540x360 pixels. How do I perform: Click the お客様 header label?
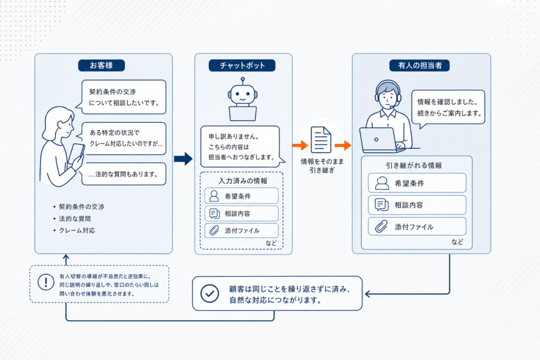click(101, 65)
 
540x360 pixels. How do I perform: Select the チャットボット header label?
click(242, 65)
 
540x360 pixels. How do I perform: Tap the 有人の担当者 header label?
click(419, 65)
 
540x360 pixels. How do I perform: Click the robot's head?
click(243, 93)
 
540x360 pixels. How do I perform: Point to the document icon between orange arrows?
click(321, 140)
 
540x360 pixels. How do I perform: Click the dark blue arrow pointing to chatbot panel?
click(183, 159)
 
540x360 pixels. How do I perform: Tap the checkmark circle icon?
click(210, 294)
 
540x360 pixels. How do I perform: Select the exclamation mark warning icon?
click(46, 282)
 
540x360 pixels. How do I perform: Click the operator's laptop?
click(379, 140)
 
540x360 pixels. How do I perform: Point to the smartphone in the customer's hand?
click(76, 153)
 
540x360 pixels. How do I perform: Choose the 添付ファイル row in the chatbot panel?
click(242, 230)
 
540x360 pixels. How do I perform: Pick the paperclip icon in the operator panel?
click(381, 227)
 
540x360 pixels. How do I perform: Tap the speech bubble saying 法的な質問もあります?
click(124, 174)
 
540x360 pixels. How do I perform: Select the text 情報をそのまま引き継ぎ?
click(322, 166)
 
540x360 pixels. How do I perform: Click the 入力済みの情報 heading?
click(243, 181)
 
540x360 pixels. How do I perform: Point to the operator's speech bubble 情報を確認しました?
click(448, 108)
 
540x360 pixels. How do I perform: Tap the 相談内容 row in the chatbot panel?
click(242, 213)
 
